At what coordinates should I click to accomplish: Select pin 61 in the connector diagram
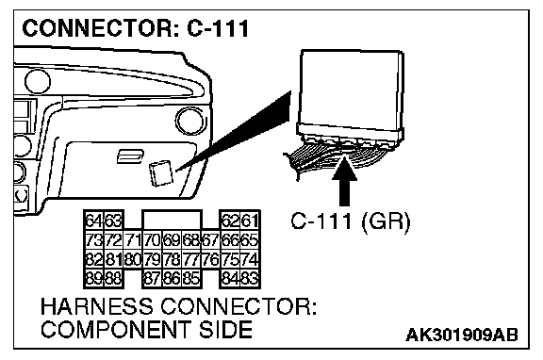(x=250, y=221)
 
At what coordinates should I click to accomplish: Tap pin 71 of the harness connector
(x=133, y=239)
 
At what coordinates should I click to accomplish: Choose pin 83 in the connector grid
(x=250, y=278)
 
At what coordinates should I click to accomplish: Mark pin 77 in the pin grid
(x=191, y=259)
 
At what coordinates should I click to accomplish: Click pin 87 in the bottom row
(x=153, y=278)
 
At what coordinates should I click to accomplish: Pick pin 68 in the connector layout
(x=191, y=239)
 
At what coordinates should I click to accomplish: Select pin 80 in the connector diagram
(x=133, y=259)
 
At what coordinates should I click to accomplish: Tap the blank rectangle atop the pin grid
(x=172, y=220)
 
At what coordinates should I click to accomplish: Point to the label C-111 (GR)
(x=351, y=221)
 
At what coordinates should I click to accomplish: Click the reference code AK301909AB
(x=462, y=335)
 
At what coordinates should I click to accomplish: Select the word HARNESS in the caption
(x=96, y=306)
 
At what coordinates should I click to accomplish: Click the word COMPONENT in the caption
(x=116, y=329)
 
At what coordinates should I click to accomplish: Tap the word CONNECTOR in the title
(x=96, y=28)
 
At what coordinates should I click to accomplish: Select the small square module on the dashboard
(x=160, y=173)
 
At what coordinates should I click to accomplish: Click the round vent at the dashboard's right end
(x=189, y=122)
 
